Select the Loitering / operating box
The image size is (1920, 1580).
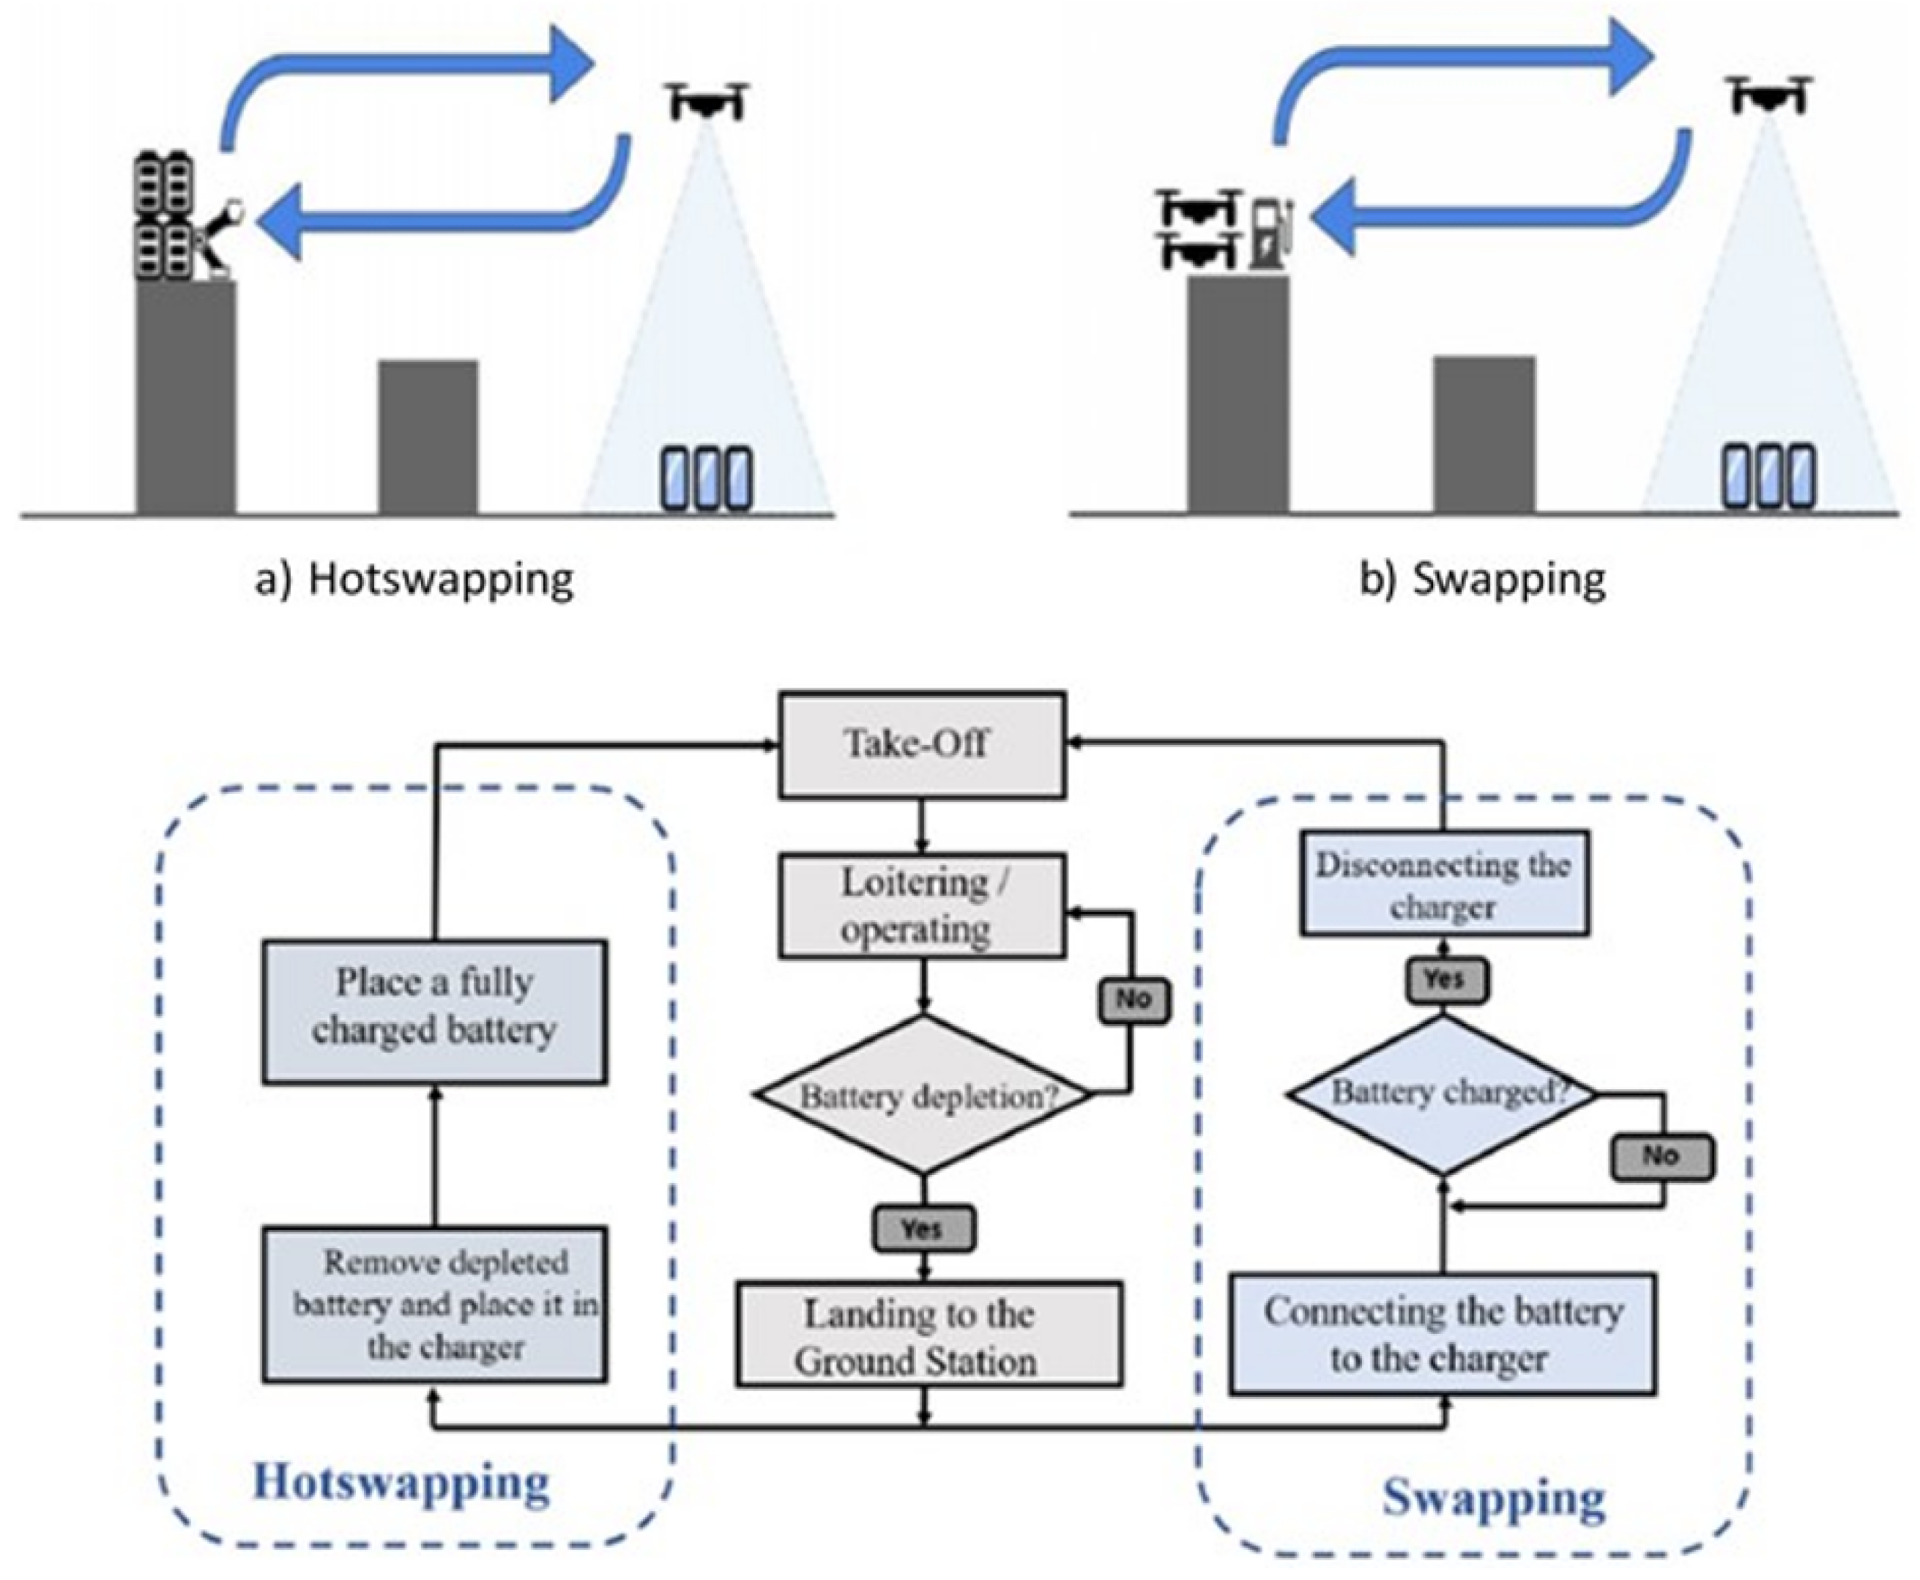click(x=922, y=905)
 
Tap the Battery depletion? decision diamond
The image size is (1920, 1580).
click(x=923, y=1095)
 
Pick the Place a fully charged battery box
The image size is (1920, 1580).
click(x=435, y=1011)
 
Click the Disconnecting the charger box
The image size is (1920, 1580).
click(x=1444, y=883)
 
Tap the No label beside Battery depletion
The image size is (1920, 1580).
click(x=1133, y=998)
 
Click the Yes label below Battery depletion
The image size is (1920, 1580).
click(x=923, y=1228)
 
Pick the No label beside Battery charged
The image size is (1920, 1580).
click(x=1662, y=1156)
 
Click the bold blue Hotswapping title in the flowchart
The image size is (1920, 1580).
click(x=401, y=1483)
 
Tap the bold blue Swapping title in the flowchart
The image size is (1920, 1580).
click(x=1493, y=1497)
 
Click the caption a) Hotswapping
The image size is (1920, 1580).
click(x=414, y=579)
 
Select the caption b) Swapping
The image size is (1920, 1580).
click(x=1482, y=579)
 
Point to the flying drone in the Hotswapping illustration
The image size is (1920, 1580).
click(x=708, y=100)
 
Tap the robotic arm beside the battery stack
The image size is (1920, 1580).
click(x=218, y=237)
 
